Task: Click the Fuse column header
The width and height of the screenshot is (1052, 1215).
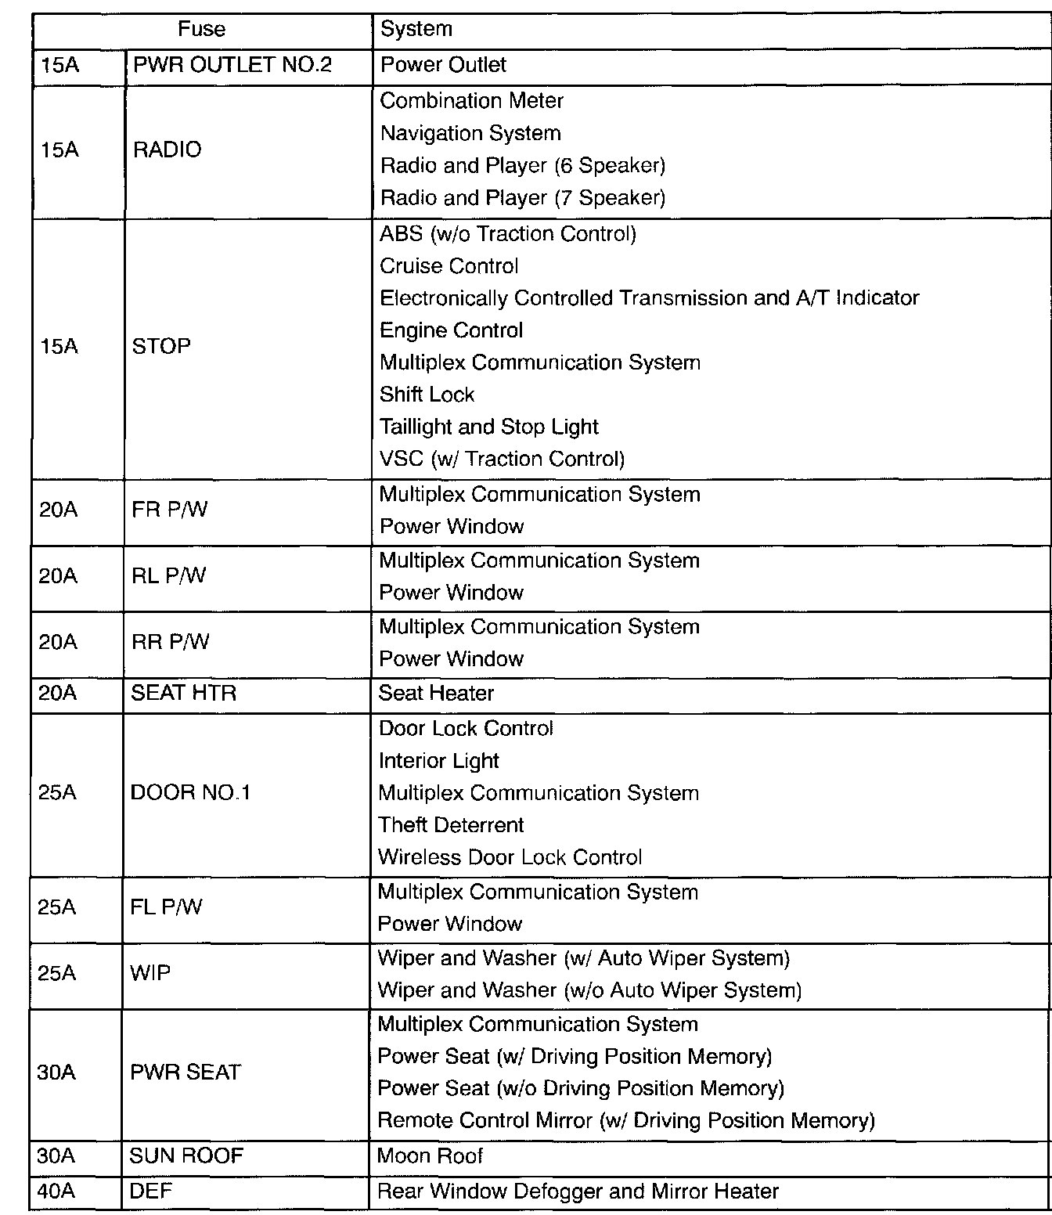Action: point(201,30)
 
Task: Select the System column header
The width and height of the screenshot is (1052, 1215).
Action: point(416,30)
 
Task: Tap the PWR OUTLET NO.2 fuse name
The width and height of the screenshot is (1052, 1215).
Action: point(232,65)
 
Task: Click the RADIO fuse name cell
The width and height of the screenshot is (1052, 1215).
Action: point(168,150)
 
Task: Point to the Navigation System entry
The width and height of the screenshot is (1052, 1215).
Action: point(470,134)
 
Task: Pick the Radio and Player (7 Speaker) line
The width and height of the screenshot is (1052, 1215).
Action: point(523,198)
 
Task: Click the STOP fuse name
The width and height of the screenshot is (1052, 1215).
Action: point(161,346)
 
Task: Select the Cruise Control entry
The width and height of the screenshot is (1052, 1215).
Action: point(449,266)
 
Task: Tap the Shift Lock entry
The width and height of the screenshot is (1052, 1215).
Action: point(427,395)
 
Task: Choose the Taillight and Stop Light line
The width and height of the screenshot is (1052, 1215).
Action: point(489,427)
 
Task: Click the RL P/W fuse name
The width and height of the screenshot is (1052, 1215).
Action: point(169,576)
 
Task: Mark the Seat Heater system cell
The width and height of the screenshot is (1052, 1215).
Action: point(437,694)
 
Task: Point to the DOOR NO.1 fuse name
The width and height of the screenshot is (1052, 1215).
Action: point(190,793)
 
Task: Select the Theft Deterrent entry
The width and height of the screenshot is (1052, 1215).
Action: point(452,825)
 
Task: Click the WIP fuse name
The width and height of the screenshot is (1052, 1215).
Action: point(150,973)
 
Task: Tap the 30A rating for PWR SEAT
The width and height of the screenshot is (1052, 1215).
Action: point(56,1073)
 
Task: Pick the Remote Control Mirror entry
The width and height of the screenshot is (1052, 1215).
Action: point(626,1121)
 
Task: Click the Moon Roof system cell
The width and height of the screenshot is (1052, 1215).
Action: point(431,1156)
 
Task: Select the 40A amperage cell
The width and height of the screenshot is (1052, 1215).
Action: point(56,1192)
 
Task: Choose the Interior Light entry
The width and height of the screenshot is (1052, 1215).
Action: point(439,761)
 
